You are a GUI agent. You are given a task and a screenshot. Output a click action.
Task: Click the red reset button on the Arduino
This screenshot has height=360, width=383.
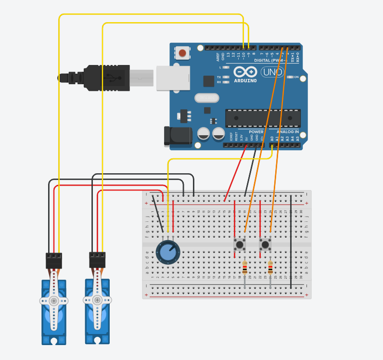182,52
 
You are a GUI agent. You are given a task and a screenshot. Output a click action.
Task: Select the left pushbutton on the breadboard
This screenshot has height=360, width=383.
240,244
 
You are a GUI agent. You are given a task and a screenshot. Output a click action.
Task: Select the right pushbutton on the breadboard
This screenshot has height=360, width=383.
265,244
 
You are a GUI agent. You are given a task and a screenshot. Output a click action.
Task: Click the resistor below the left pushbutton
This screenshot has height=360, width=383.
245,268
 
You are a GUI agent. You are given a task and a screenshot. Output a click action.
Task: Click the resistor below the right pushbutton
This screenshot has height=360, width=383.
270,268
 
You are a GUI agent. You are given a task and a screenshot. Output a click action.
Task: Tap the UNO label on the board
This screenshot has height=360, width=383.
272,72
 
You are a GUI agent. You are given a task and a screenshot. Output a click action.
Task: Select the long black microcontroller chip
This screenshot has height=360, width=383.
263,118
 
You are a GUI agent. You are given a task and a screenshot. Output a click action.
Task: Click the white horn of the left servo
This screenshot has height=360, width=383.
54,301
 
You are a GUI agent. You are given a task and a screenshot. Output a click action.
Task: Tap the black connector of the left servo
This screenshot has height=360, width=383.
54,260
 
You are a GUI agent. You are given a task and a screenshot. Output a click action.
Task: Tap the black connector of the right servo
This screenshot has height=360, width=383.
97,260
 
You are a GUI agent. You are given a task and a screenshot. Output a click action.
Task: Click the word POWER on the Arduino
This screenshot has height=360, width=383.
256,131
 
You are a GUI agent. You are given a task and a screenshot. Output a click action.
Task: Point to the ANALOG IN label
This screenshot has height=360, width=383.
287,131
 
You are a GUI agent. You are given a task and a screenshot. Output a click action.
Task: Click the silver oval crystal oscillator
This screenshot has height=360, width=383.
206,98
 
